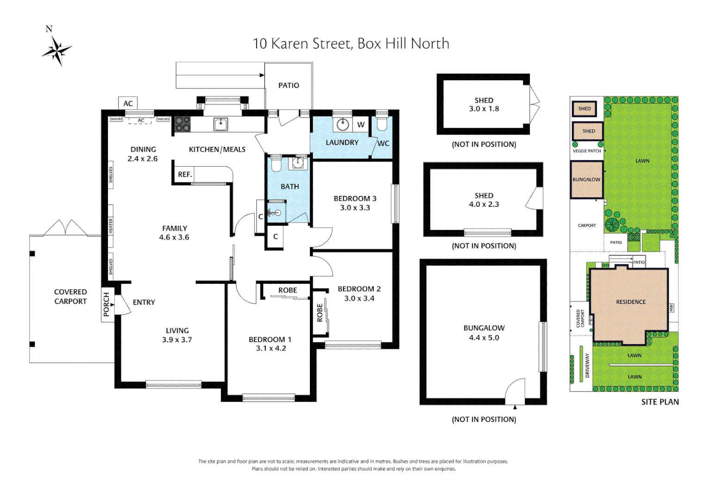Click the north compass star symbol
tap(57, 50)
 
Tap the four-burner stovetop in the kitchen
tap(182, 124)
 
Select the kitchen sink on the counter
tap(221, 124)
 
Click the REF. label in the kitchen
tap(184, 175)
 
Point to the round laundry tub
tap(342, 124)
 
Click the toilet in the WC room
tap(382, 124)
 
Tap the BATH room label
tap(290, 187)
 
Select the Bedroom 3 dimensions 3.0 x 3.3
tap(355, 208)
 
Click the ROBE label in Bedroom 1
tap(287, 290)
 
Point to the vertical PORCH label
tap(107, 304)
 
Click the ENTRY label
tap(144, 302)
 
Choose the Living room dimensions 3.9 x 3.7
tap(177, 340)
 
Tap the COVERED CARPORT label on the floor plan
tap(70, 296)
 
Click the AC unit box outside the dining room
tap(128, 104)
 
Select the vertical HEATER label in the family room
tap(111, 226)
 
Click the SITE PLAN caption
tap(659, 402)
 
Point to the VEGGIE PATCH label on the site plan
tap(587, 151)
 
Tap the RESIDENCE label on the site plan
tap(631, 302)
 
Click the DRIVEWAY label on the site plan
tap(587, 366)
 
